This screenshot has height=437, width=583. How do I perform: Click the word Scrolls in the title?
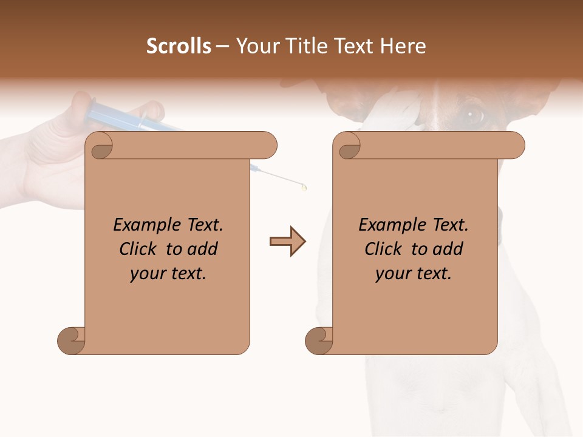[x=179, y=46]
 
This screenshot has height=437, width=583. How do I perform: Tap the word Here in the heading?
[x=402, y=46]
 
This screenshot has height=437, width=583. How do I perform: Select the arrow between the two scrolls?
[x=287, y=242]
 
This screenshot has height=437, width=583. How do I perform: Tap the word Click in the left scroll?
[x=140, y=249]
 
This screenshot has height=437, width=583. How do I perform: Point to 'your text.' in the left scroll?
[x=168, y=273]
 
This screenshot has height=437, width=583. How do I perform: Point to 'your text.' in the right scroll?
[x=414, y=273]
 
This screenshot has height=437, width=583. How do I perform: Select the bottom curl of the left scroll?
[x=71, y=340]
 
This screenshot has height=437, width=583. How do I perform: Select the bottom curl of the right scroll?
[x=319, y=340]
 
